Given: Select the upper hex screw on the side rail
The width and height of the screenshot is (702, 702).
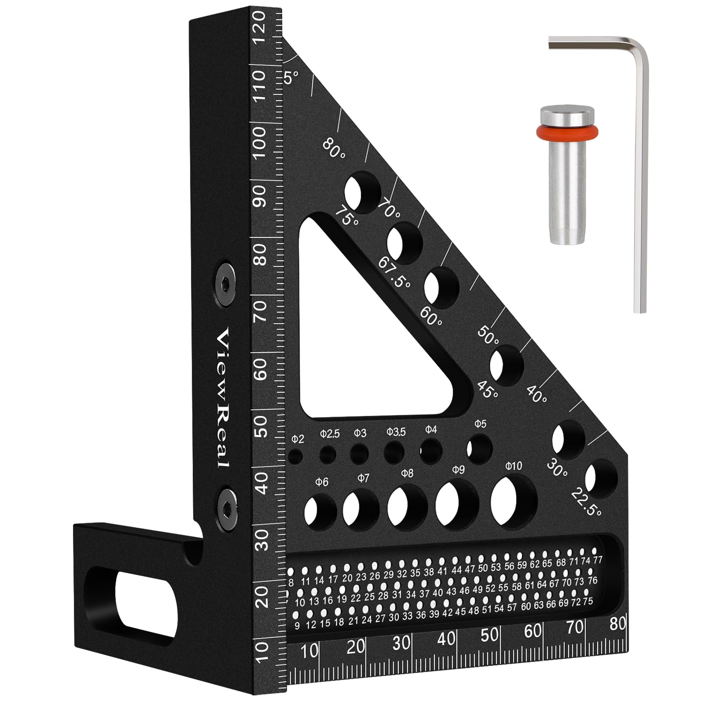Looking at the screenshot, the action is pyautogui.click(x=225, y=283).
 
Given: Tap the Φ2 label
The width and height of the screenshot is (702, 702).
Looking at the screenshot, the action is pyautogui.click(x=298, y=439).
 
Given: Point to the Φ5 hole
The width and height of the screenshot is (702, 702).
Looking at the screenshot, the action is pyautogui.click(x=479, y=450).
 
